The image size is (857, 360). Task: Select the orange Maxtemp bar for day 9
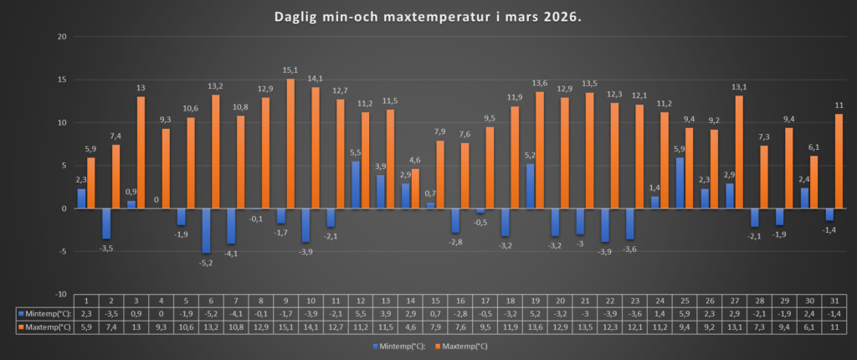pos(290,143)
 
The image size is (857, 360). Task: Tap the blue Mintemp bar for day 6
pos(206,230)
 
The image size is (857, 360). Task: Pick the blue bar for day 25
pos(679,183)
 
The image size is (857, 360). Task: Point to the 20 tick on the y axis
pos(61,37)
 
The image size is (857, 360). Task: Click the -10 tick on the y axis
pos(59,294)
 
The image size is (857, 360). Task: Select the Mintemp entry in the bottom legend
pos(398,345)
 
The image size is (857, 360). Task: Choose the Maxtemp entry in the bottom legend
pos(462,345)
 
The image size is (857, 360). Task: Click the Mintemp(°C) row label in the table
pos(43,313)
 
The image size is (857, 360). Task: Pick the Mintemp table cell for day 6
pos(211,313)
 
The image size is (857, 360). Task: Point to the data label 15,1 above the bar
pos(290,70)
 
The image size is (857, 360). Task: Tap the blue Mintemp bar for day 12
pos(355,184)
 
